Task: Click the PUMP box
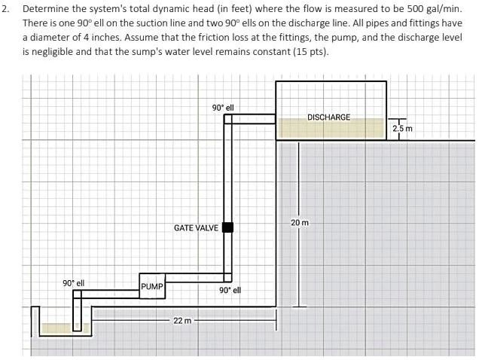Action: coord(152,286)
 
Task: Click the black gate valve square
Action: coord(227,227)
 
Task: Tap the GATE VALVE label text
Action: coord(196,227)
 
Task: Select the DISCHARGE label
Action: coord(329,117)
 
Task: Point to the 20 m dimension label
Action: coord(299,223)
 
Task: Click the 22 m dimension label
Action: coord(182,321)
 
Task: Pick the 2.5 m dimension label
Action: coord(403,130)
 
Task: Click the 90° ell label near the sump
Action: coord(73,283)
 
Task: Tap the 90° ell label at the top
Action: coord(223,108)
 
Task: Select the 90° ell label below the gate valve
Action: coord(230,290)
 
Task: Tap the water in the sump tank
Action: coord(57,328)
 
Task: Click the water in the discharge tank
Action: coord(331,128)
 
